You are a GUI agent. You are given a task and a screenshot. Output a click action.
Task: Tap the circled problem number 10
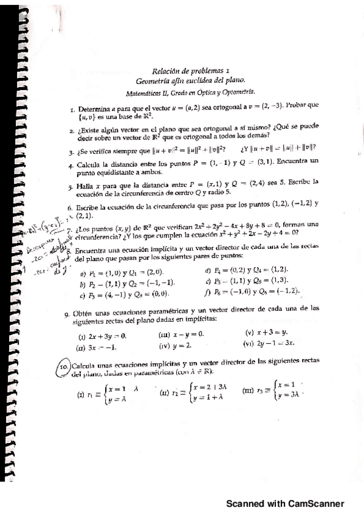63,367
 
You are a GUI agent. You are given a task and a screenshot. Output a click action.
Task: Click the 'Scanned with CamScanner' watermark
286,503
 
